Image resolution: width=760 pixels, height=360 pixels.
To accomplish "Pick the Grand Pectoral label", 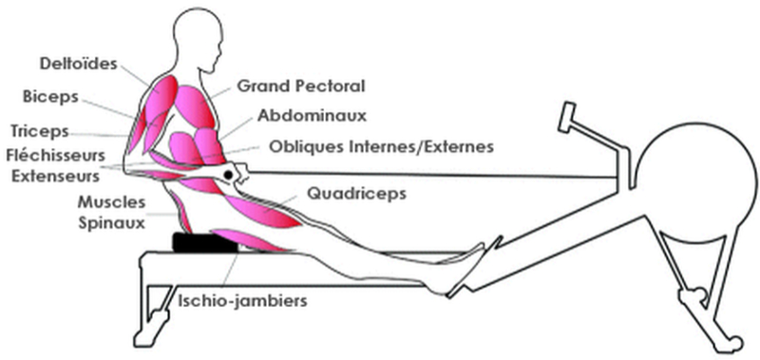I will point(301,85).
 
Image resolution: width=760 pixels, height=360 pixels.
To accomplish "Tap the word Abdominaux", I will point(312,115).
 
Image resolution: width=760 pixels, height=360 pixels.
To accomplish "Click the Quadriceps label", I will point(356,193).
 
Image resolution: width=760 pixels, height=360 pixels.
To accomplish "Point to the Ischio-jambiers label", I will point(241,303).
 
